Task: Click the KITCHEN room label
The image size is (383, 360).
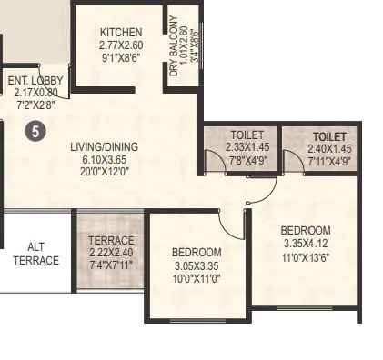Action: (121, 33)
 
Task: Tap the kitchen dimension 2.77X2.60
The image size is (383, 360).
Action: (121, 45)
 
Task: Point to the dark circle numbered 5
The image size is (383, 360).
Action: (35, 131)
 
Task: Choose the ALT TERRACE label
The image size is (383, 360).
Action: (35, 253)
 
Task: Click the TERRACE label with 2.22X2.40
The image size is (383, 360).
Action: (111, 241)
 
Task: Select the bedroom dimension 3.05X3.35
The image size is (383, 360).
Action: (197, 265)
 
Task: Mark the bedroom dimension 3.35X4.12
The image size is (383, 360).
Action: (305, 244)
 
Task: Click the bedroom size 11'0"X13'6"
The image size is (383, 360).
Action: (305, 256)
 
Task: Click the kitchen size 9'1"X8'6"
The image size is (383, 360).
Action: (121, 56)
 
